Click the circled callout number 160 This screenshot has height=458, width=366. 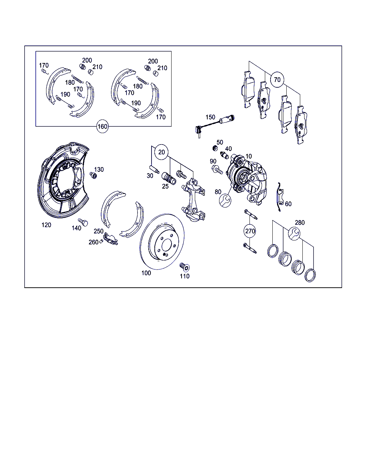pos(102,127)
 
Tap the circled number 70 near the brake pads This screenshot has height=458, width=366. pos(277,80)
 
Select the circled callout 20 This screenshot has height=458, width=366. pos(162,152)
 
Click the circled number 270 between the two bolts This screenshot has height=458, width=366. pos(250,231)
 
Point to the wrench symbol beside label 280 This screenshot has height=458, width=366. pos(294,234)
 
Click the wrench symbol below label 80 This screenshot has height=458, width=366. pos(225,200)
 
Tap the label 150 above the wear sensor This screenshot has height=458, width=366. pos(210,117)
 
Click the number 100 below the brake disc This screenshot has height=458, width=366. pos(146,273)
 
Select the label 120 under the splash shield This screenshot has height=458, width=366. pos(46,225)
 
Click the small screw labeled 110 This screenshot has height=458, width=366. pos(184,267)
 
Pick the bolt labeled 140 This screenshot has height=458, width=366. pos(83,222)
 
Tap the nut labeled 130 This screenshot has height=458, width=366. pos(93,176)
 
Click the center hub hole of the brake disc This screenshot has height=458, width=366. pos(167,246)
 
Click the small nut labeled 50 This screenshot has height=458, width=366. pos(215,148)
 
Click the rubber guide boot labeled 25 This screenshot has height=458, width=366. pos(169,178)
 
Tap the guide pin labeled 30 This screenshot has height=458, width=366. pos(155,170)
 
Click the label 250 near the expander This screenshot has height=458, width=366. pos(98,231)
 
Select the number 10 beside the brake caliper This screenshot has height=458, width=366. pos(249,156)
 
